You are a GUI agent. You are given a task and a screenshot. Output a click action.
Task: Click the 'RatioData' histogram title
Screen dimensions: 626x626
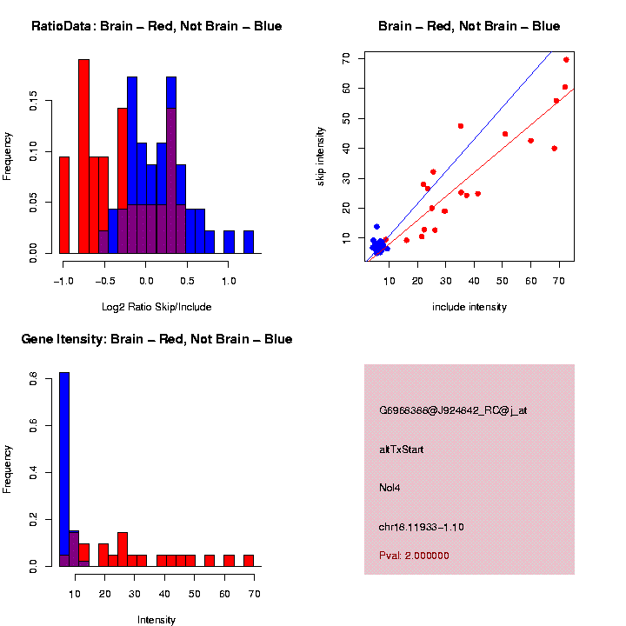(x=156, y=26)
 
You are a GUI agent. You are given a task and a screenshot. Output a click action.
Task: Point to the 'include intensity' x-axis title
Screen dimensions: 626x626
(x=469, y=307)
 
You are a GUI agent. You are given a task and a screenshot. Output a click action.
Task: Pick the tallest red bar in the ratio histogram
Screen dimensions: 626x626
(x=84, y=156)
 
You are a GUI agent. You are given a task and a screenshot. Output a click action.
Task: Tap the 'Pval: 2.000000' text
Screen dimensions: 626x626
(x=414, y=556)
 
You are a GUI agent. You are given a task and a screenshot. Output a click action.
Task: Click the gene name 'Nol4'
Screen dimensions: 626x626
(x=390, y=487)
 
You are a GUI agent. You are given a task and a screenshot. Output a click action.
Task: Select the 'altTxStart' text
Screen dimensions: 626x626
(x=401, y=450)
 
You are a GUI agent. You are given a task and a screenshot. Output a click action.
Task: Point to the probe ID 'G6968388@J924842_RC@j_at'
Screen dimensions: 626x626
(x=452, y=410)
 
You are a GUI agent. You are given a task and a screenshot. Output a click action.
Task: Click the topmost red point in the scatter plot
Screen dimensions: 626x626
(x=566, y=60)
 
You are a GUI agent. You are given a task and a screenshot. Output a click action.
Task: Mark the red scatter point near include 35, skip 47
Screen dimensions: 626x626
(x=461, y=126)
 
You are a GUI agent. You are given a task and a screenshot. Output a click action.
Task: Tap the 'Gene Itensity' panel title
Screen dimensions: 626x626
(x=156, y=339)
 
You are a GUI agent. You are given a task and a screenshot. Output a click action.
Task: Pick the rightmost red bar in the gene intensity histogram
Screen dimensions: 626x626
(x=249, y=560)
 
